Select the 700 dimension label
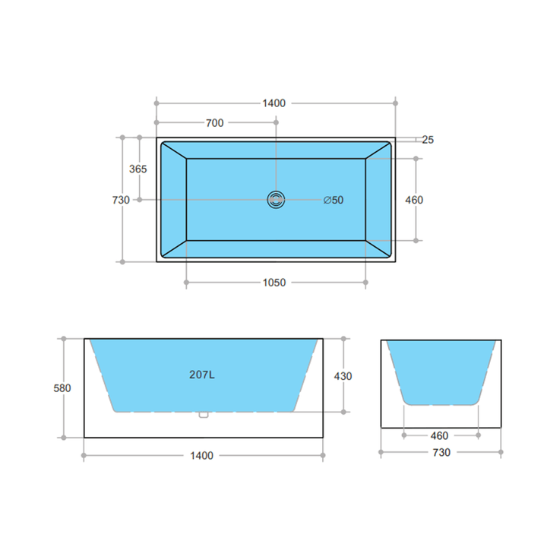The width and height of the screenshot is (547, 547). pyautogui.click(x=214, y=122)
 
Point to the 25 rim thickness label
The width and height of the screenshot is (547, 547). pyautogui.click(x=428, y=140)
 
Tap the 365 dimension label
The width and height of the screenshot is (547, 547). pyautogui.click(x=138, y=169)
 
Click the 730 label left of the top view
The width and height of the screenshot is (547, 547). pyautogui.click(x=120, y=200)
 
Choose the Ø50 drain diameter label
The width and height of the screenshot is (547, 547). pyautogui.click(x=334, y=200)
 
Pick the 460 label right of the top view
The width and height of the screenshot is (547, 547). pyautogui.click(x=414, y=200)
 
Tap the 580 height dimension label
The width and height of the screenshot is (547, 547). pyautogui.click(x=62, y=387)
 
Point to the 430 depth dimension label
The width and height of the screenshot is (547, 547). pyautogui.click(x=343, y=375)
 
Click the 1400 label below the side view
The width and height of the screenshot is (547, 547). pyautogui.click(x=202, y=456)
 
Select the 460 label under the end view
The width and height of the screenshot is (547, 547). pyautogui.click(x=439, y=436)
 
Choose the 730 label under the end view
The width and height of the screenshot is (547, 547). pyautogui.click(x=441, y=453)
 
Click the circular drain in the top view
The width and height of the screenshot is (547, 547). pyautogui.click(x=276, y=200)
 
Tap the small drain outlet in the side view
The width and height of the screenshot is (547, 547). pyautogui.click(x=202, y=414)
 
